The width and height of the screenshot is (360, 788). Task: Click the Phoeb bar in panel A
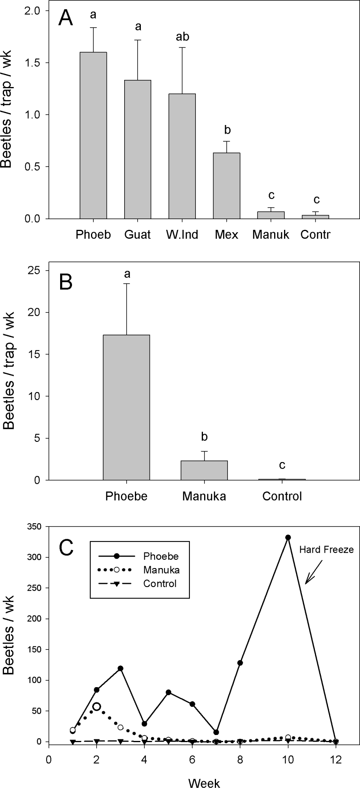[93, 135]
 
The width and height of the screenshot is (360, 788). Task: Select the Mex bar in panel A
[226, 186]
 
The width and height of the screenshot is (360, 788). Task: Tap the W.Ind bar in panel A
[182, 156]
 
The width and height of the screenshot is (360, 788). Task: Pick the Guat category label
[137, 235]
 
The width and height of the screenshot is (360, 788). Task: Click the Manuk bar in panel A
[271, 215]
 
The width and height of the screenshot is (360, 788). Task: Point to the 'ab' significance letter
[182, 37]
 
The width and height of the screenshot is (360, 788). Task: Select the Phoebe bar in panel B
[126, 407]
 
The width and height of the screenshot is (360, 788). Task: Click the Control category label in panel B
[282, 496]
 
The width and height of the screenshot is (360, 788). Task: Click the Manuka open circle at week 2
[97, 707]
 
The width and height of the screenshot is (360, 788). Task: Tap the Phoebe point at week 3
[120, 668]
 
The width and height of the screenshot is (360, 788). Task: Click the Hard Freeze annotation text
[326, 549]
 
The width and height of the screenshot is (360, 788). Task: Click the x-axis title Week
[204, 782]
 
